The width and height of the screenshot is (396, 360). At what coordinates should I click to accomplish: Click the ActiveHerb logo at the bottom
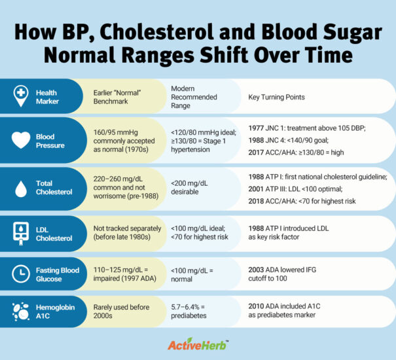198,344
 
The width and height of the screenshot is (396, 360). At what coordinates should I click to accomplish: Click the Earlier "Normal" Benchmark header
118,97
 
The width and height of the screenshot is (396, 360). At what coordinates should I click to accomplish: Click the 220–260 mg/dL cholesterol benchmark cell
122,187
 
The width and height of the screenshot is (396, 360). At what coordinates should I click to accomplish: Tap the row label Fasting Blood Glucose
57,275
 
